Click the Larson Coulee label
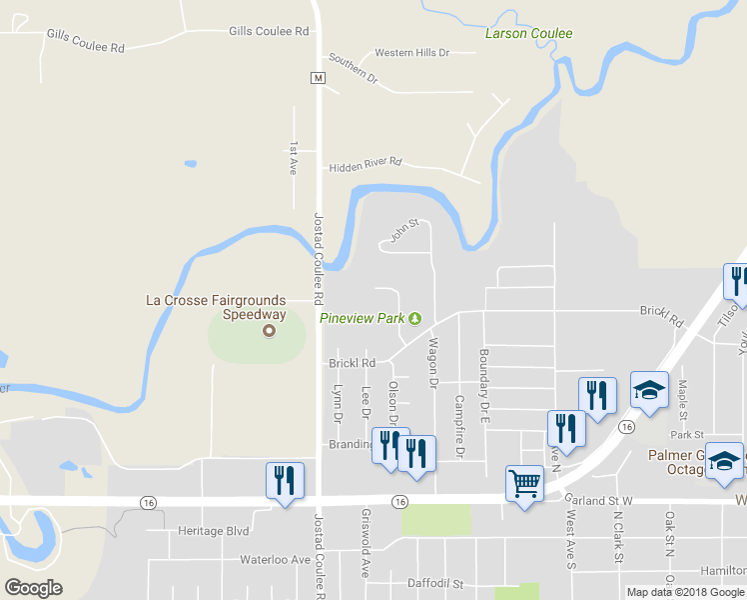(x=528, y=33)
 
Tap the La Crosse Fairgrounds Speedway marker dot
(x=268, y=331)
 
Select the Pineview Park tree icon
(x=415, y=318)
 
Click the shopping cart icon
(x=523, y=484)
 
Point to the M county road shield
(x=317, y=77)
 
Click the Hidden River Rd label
(x=365, y=161)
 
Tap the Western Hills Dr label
(x=411, y=52)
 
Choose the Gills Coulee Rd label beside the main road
(x=269, y=31)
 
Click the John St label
(x=402, y=232)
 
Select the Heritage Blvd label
(x=212, y=531)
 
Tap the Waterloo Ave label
(x=275, y=560)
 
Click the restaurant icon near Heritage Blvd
(x=285, y=481)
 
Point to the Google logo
(x=33, y=587)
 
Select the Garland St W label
(x=599, y=500)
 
